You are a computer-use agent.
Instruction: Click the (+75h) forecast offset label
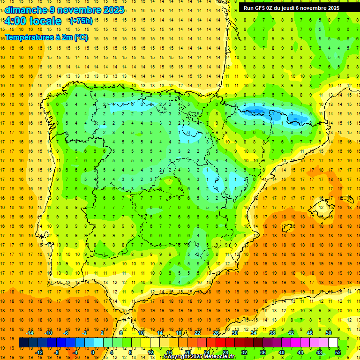(x=81, y=21)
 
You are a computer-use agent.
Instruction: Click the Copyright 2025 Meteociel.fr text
(x=200, y=357)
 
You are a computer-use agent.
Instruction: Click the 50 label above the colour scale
(x=328, y=333)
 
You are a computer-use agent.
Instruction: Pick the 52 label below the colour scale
(x=338, y=352)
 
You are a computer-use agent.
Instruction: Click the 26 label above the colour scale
(x=216, y=333)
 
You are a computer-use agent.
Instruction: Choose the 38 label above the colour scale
(x=272, y=333)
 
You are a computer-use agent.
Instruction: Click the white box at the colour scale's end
(x=333, y=343)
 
